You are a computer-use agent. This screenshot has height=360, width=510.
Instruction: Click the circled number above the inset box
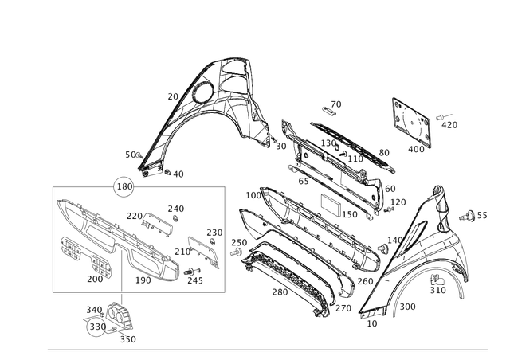click(123, 185)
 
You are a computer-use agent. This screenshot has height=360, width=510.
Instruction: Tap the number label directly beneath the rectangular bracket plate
click(416, 148)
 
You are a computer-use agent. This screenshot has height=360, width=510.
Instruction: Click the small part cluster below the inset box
click(107, 319)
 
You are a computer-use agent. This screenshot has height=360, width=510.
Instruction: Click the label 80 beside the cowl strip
click(383, 151)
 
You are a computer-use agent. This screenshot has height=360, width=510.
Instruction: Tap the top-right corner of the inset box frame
click(224, 186)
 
